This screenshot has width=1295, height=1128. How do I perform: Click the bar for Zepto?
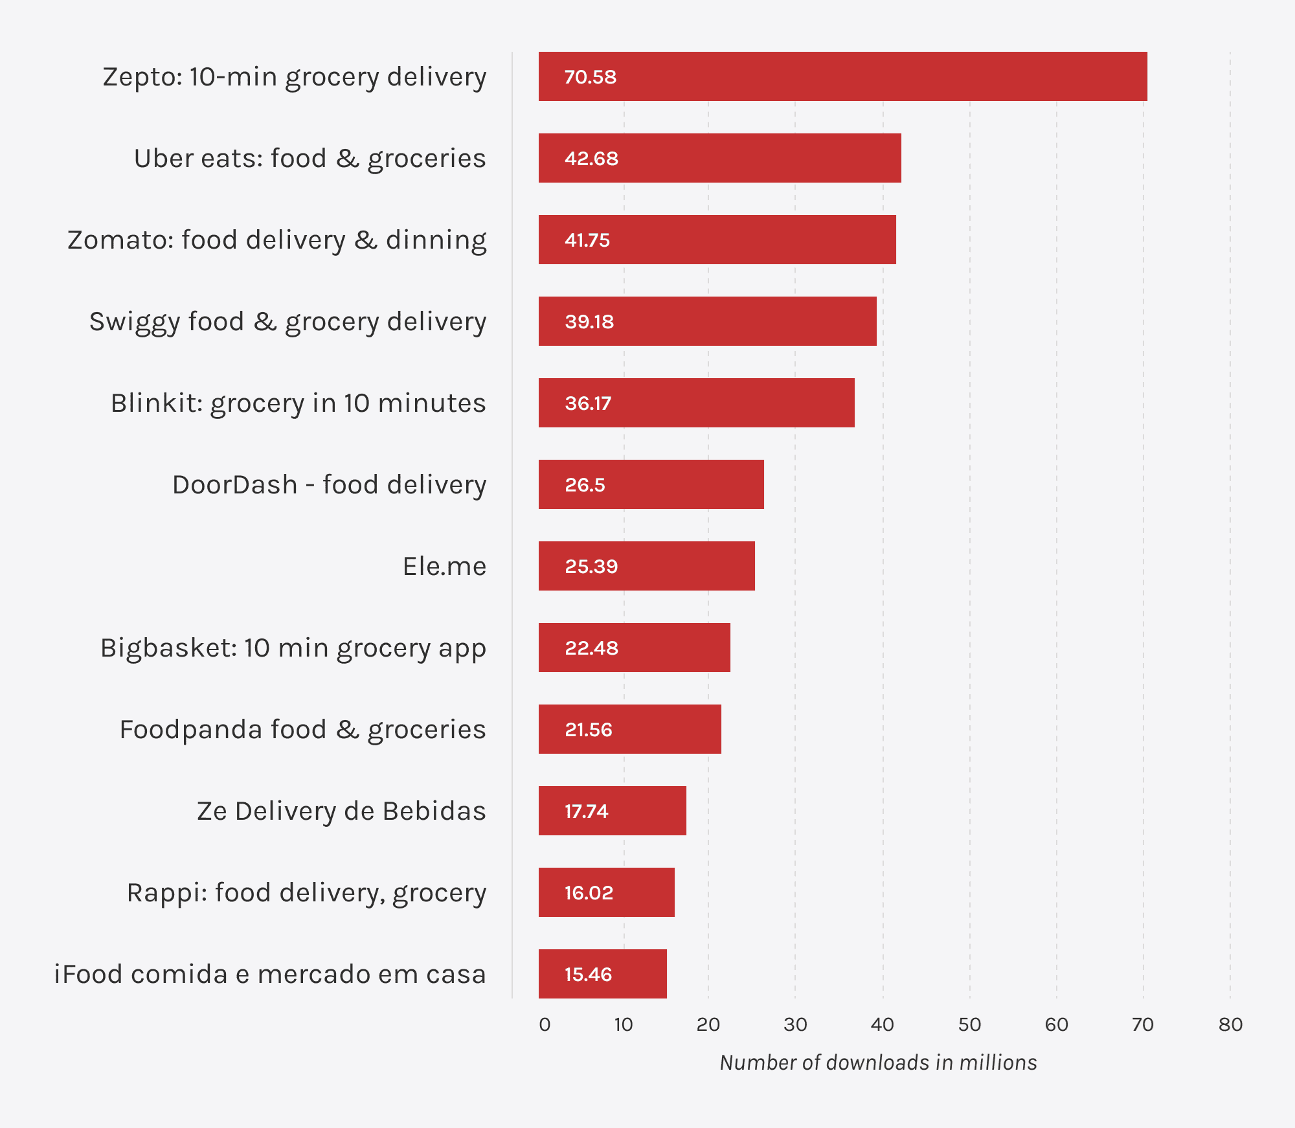(x=842, y=76)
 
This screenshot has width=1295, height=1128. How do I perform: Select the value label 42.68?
(x=591, y=159)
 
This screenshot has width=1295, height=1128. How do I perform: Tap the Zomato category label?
(x=277, y=240)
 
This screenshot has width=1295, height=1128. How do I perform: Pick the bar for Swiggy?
(x=707, y=321)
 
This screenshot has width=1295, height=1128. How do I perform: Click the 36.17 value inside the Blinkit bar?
(x=588, y=403)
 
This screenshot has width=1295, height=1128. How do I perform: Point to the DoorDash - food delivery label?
(x=329, y=485)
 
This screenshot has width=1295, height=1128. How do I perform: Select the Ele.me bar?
(x=646, y=566)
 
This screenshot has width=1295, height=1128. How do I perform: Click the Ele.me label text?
(x=444, y=567)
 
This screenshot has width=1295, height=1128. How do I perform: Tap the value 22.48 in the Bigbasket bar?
(x=591, y=648)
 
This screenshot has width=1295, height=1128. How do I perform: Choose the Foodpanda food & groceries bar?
(x=629, y=729)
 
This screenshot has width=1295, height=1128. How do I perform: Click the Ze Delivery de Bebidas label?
(x=341, y=811)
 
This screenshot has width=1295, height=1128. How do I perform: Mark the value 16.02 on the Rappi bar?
(x=589, y=893)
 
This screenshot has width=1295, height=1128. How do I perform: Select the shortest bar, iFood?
(x=602, y=974)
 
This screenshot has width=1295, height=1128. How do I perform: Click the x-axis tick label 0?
(x=545, y=1024)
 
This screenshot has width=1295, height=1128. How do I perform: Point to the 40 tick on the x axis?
(x=882, y=1024)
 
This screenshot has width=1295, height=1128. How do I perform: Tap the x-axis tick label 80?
(x=1230, y=1024)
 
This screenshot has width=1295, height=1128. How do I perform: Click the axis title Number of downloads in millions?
(x=878, y=1063)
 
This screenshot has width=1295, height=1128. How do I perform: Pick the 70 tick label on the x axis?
(x=1143, y=1024)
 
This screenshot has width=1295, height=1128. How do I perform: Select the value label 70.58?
(x=590, y=77)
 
